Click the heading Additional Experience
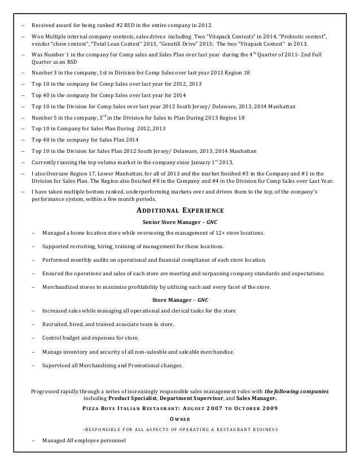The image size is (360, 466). [180, 211]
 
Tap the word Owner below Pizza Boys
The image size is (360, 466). [180, 419]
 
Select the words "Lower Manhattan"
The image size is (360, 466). [111, 173]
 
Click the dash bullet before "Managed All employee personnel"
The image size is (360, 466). [34, 440]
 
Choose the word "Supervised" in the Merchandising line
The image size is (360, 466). [58, 366]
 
